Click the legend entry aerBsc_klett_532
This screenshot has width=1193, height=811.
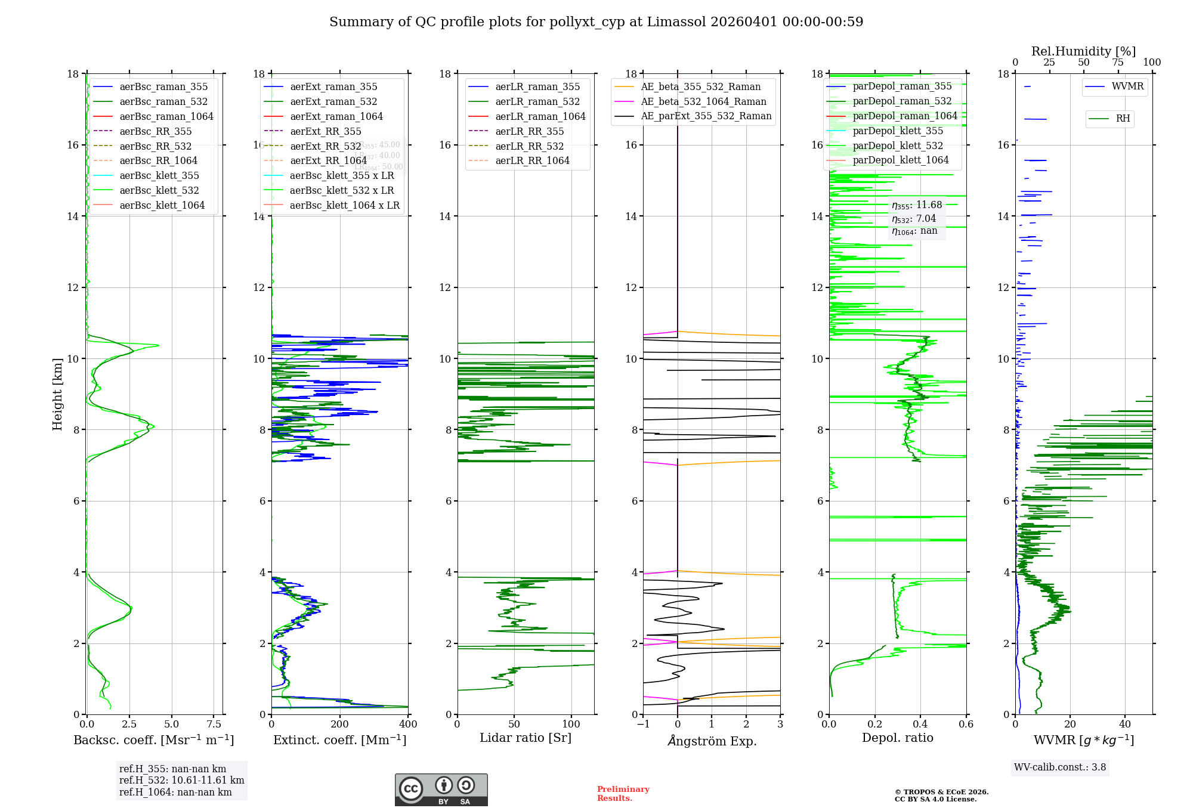[x=159, y=190]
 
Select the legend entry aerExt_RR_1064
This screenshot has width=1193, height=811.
[x=328, y=160]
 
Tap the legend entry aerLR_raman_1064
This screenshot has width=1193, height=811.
[x=540, y=116]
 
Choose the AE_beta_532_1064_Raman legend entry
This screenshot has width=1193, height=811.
[x=703, y=101]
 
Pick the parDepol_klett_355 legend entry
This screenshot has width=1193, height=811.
[x=897, y=131]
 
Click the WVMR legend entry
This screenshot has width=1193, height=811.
[x=1127, y=86]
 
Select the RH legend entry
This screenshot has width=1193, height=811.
[x=1122, y=119]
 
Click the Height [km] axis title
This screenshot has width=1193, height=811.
[x=57, y=394]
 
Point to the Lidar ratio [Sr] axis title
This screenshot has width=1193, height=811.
[x=525, y=738]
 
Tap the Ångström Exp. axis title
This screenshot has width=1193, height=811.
[x=712, y=741]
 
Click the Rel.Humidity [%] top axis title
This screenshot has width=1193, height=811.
[x=1083, y=51]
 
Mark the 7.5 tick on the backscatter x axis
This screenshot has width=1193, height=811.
[x=214, y=724]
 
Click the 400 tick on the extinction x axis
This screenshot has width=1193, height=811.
[x=408, y=724]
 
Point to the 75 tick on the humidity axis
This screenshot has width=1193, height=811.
[x=1117, y=63]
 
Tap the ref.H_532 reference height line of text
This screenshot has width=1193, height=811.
[x=181, y=780]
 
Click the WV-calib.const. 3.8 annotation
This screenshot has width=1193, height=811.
[x=1060, y=767]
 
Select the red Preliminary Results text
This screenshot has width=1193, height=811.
[x=623, y=794]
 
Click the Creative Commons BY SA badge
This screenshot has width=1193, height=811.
[x=441, y=790]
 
